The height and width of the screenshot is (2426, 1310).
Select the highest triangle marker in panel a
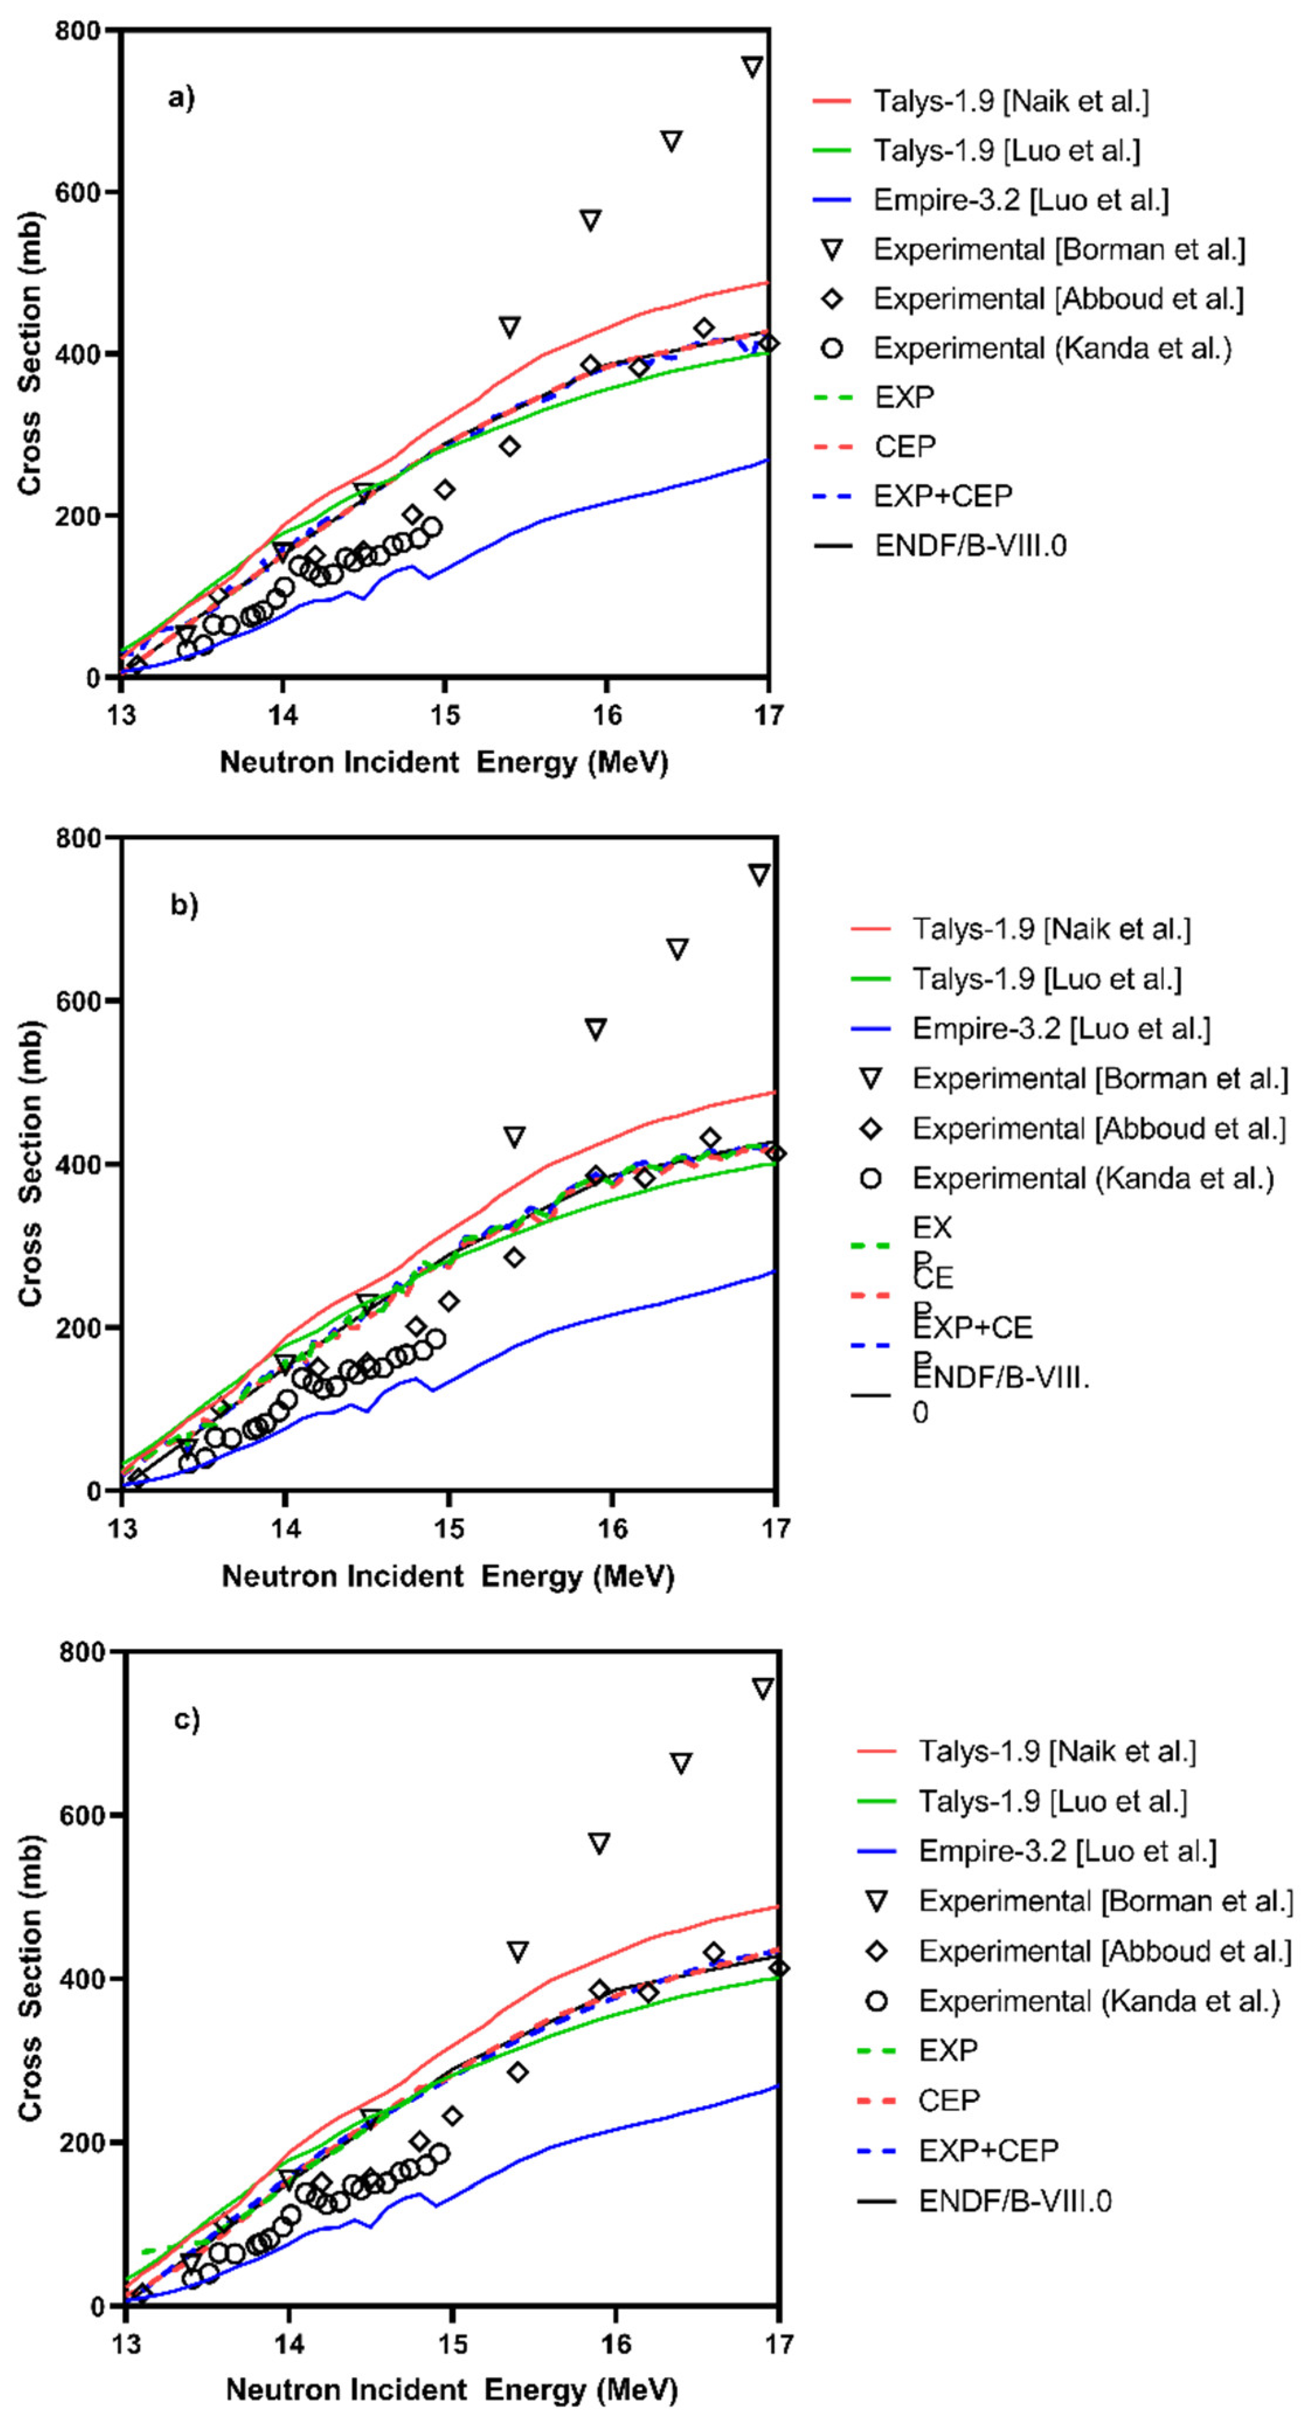pyautogui.click(x=751, y=67)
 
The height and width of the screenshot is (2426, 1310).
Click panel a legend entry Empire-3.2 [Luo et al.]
pyautogui.click(x=1020, y=200)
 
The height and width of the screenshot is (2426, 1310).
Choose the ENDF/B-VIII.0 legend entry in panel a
pyautogui.click(x=970, y=545)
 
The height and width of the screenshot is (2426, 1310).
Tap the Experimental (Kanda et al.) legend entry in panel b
pyautogui.click(x=1093, y=1178)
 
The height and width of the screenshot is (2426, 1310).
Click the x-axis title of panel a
pyautogui.click(x=443, y=762)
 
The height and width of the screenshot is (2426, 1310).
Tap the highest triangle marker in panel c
pyautogui.click(x=763, y=1688)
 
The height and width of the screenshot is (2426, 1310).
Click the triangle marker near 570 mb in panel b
pyautogui.click(x=595, y=1029)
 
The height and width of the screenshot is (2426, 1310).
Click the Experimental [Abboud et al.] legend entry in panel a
pyautogui.click(x=1058, y=299)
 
